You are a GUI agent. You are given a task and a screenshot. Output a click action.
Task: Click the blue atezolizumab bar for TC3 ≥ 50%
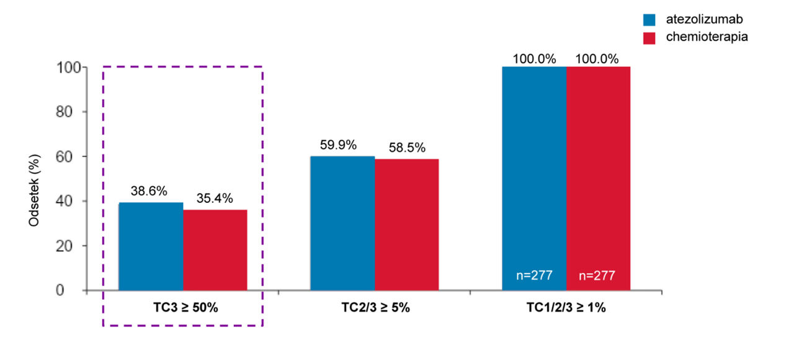click(151, 246)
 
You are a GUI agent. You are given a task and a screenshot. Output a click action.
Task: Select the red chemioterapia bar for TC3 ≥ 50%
click(215, 250)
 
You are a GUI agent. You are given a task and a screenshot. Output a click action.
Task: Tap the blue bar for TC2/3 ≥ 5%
click(342, 223)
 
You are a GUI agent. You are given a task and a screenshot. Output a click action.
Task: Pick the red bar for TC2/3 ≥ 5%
click(407, 225)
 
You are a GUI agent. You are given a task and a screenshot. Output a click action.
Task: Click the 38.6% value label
click(148, 191)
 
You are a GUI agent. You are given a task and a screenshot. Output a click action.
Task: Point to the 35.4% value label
click(214, 199)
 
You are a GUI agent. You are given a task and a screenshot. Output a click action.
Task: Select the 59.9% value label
click(339, 145)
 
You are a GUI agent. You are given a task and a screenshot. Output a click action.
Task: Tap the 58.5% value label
click(408, 148)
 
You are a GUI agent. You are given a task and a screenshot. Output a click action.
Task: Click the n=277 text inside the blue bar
click(533, 276)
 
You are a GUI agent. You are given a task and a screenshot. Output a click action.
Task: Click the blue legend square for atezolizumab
click(649, 20)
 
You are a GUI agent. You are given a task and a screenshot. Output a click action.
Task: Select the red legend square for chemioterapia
click(649, 38)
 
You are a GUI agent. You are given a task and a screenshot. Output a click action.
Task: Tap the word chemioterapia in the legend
click(707, 37)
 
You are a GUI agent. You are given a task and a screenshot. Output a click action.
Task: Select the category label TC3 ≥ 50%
click(185, 307)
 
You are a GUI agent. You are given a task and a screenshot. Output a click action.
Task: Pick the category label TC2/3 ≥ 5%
click(376, 307)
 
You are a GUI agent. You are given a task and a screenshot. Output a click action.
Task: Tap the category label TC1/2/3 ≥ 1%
click(566, 307)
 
